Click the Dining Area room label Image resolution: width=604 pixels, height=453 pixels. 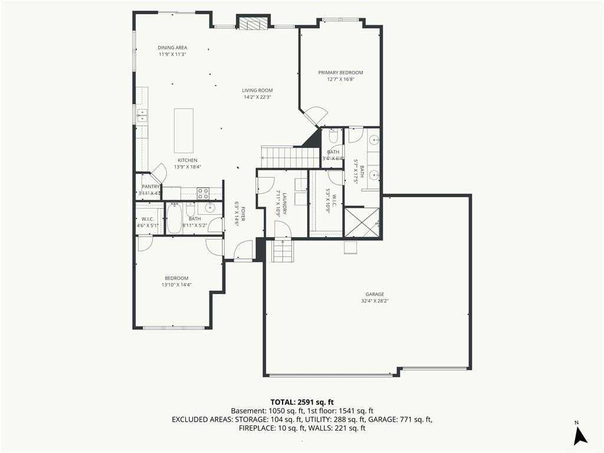click(x=172, y=48)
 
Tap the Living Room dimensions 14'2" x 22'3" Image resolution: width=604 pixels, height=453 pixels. click(x=257, y=97)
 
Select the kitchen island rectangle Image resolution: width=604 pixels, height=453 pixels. click(x=184, y=130)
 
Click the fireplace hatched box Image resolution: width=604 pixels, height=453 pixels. click(x=253, y=23)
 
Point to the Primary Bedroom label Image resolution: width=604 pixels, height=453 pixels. click(x=340, y=73)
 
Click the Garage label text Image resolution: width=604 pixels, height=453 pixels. click(x=375, y=294)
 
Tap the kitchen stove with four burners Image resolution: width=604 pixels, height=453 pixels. click(x=203, y=193)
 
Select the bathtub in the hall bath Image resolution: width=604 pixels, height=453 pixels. click(x=174, y=218)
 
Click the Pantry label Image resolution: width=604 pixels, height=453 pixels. click(x=150, y=186)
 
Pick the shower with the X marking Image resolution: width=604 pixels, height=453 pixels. click(x=362, y=222)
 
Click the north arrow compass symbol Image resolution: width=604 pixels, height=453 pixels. click(x=580, y=435)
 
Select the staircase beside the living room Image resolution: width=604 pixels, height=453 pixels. click(x=291, y=157)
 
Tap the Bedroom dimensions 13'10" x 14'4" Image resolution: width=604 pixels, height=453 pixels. click(x=177, y=285)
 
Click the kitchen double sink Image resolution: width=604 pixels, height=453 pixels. click(x=143, y=115)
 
